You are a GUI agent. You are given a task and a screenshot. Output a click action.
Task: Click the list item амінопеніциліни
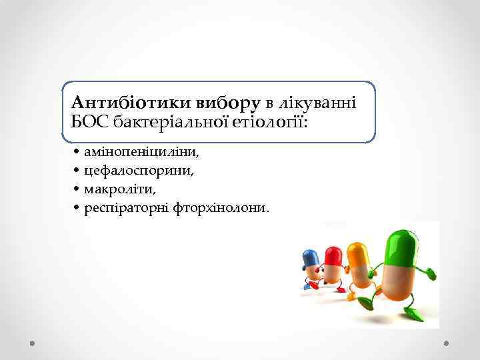pyautogui.click(x=141, y=152)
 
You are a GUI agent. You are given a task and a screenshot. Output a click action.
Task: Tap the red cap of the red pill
pyautogui.click(x=333, y=255)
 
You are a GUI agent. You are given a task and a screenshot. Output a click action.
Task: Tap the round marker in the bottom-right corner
pyautogui.click(x=447, y=343)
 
